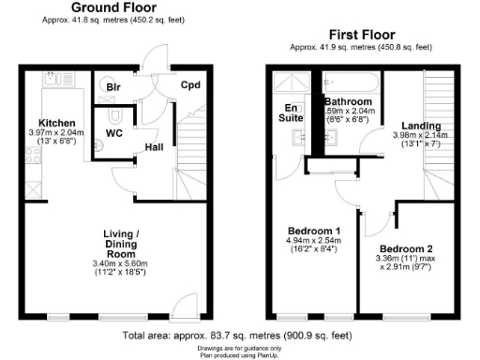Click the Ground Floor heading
112,7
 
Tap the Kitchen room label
56,123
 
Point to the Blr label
113,87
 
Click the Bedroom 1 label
312,230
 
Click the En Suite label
293,113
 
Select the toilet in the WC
114,114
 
